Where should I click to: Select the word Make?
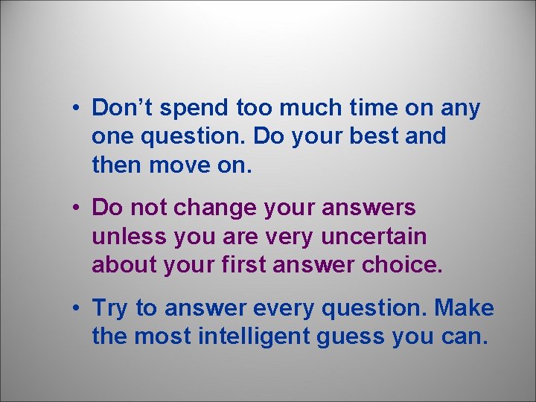[465, 307]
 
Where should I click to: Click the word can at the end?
[464, 337]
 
